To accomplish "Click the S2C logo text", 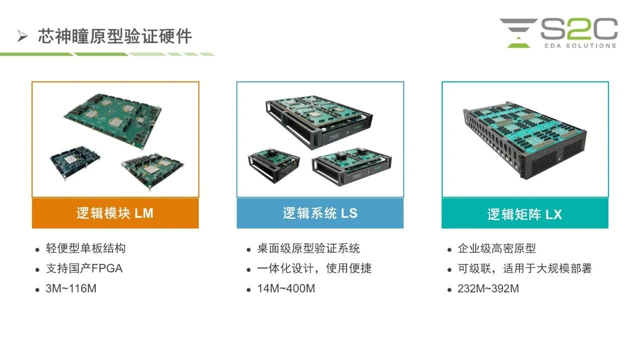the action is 579,29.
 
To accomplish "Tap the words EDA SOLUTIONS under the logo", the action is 580,46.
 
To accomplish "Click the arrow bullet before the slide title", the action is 23,37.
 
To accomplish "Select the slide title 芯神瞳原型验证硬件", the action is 115,37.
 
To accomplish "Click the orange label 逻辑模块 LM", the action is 115,213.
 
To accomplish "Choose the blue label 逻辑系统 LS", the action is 320,213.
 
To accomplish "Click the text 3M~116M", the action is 71,288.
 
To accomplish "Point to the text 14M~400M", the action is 286,288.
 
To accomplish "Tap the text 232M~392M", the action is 488,288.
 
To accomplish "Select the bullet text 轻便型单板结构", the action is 86,248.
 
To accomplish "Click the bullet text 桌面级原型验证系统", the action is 308,248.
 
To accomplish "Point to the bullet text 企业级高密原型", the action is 497,248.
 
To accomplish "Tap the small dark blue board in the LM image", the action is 75,161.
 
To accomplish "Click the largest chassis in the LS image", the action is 319,122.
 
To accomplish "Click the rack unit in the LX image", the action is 524,140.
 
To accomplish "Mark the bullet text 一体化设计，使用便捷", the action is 314,268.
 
